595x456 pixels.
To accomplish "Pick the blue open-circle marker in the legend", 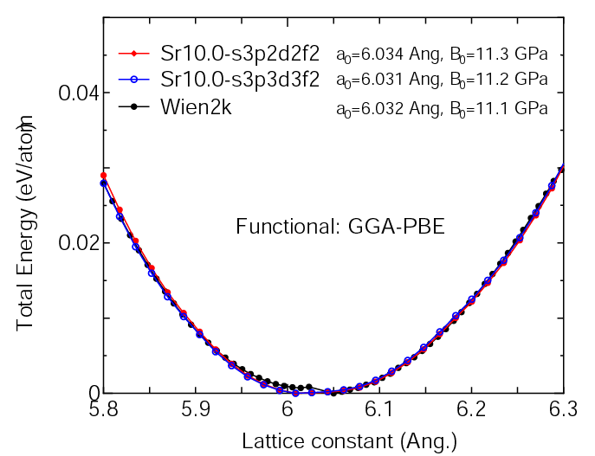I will pos(133,80).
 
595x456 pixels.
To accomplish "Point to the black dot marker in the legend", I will pos(133,106).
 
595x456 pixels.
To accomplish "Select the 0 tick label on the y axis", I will pos(92,393).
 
